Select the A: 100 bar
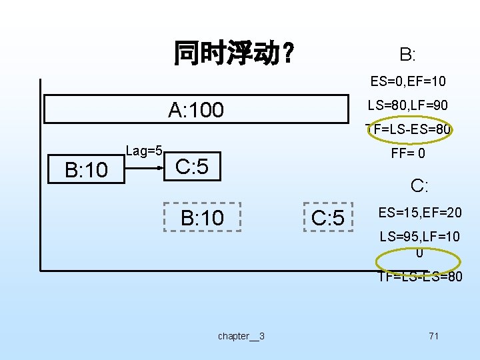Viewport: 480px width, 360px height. point(197,109)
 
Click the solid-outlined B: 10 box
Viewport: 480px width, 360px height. point(86,170)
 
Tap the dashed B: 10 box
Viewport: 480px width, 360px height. point(203,217)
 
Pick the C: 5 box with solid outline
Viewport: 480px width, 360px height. point(191,167)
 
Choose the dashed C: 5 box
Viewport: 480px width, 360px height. point(328,217)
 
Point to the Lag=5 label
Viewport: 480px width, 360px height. point(145,151)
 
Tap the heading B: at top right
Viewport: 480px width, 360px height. point(407,54)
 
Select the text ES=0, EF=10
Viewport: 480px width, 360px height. point(408,82)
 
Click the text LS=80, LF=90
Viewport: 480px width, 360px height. point(408,105)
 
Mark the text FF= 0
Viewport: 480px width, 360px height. point(408,154)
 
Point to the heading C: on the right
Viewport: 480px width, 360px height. point(419,185)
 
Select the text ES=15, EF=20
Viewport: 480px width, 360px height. point(419,213)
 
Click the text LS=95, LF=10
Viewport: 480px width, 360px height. point(419,237)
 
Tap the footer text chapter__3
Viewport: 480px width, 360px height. point(241,336)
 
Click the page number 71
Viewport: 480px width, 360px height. point(433,336)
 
